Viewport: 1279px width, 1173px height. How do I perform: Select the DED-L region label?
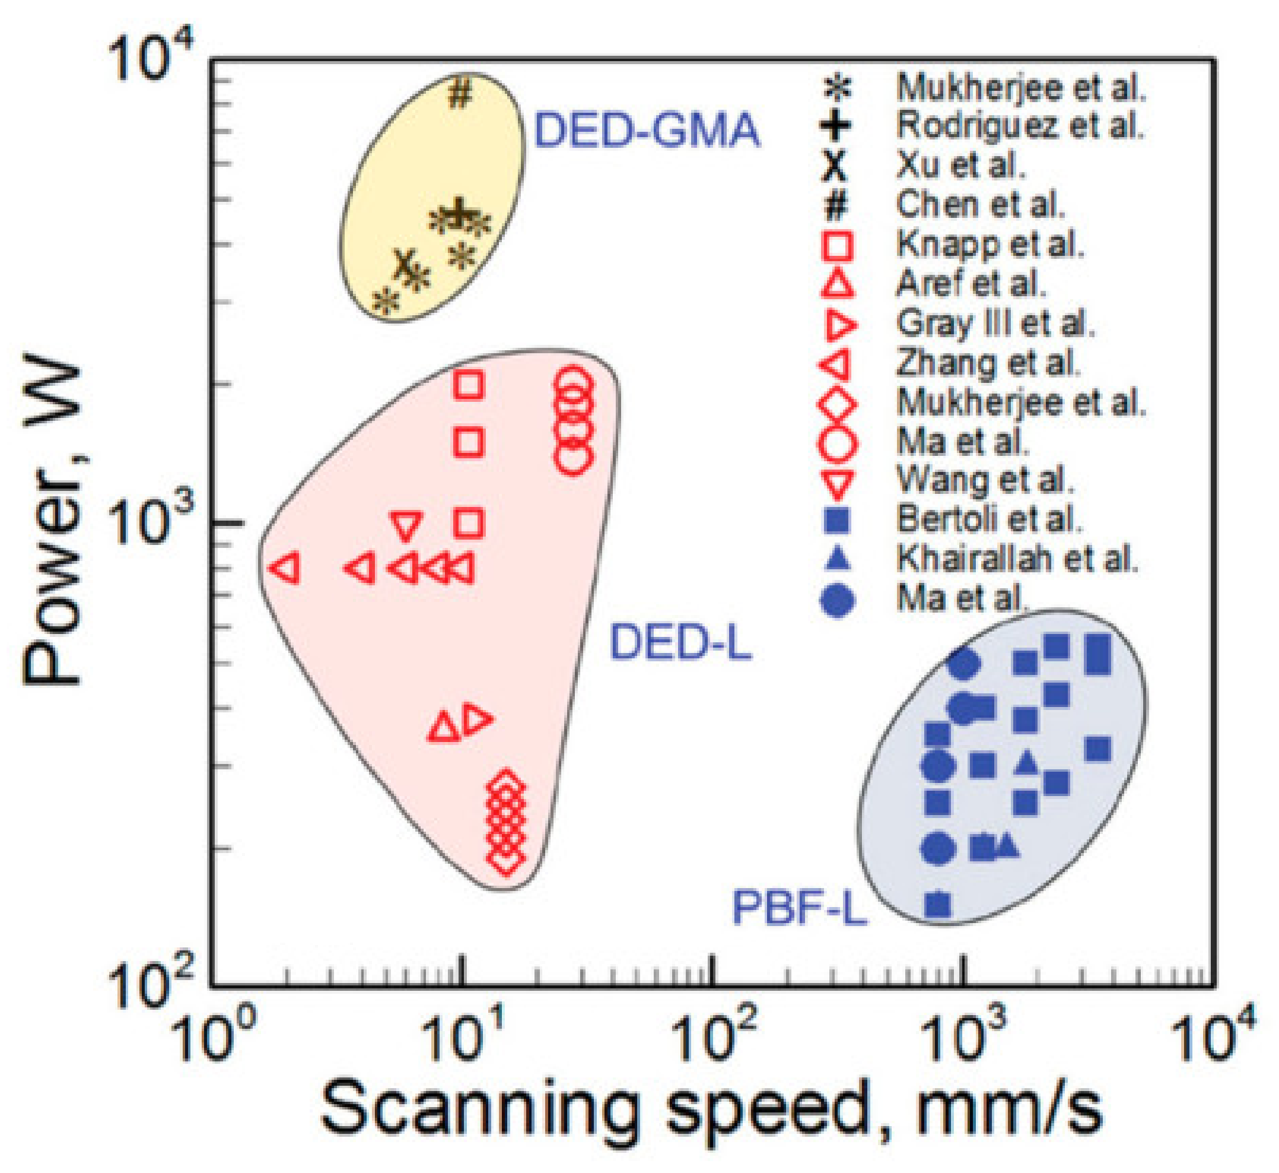point(680,642)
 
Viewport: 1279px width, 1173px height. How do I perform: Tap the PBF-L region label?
point(800,908)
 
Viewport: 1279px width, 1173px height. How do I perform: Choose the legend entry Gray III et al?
point(995,324)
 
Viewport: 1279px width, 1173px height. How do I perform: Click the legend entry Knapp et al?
point(990,245)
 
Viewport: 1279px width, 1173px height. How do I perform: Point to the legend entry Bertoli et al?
point(988,520)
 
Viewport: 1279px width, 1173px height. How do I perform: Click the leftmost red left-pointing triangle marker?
point(287,568)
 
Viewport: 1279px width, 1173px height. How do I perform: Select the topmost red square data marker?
point(469,385)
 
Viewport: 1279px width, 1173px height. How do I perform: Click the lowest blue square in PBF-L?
point(938,905)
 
